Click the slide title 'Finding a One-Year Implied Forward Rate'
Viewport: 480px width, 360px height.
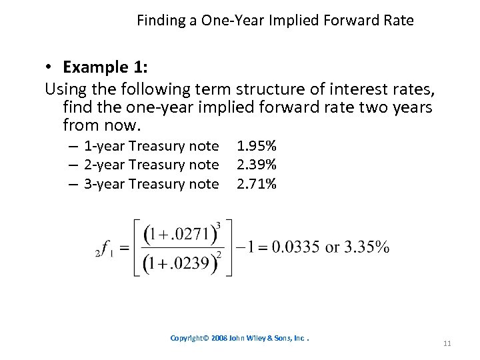(x=275, y=21)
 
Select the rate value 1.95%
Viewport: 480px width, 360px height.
(x=257, y=146)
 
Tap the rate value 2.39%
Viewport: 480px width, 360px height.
(x=257, y=165)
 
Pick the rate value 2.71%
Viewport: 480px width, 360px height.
(x=257, y=183)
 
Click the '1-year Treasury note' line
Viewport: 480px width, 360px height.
(x=151, y=146)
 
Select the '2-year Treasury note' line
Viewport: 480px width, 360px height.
(x=151, y=165)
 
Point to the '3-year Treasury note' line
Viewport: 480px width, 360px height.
(x=151, y=183)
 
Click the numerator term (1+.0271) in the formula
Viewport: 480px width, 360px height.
(x=179, y=235)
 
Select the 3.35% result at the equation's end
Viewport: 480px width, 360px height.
(x=366, y=248)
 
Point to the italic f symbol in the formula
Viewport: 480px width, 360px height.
(x=105, y=248)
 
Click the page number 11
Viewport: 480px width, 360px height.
(x=447, y=343)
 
